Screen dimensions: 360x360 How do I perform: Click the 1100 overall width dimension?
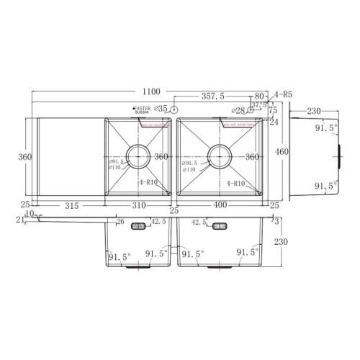150,93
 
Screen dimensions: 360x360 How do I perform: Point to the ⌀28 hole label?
239,110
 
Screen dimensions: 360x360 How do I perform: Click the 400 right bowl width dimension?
220,206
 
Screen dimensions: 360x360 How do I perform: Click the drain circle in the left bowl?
138,155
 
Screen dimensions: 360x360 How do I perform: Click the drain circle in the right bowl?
219,155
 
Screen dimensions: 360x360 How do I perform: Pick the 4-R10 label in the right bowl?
237,184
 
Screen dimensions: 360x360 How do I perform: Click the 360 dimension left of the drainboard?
26,156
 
